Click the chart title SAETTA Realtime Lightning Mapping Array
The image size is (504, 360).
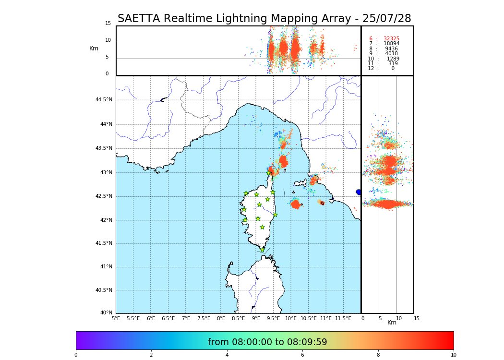coord(264,19)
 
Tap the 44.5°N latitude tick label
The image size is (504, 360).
coord(104,100)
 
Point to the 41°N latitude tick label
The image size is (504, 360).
coord(106,267)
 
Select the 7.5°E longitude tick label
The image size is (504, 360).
coord(204,318)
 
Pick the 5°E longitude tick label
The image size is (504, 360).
coord(116,318)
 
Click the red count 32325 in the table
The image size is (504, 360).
coord(391,39)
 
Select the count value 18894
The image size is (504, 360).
coord(391,44)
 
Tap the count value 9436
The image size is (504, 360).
coord(391,49)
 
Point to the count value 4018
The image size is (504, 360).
coord(391,54)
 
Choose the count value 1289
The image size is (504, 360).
coord(393,59)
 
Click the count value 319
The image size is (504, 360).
coord(393,64)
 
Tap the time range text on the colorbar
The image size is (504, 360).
coord(267,342)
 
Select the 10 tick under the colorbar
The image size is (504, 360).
coord(453,355)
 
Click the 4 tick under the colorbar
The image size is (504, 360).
coord(227,355)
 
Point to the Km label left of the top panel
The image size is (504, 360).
coord(94,48)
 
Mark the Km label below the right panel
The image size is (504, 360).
coord(392,323)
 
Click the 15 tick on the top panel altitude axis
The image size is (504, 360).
coord(108,24)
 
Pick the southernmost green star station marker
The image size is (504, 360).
coord(262,250)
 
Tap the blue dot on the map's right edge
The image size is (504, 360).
coord(359,192)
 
